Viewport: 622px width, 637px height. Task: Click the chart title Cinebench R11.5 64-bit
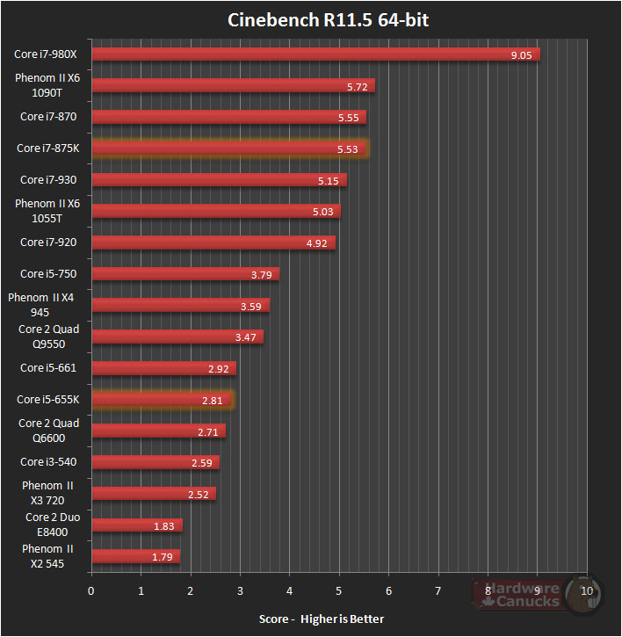[329, 20]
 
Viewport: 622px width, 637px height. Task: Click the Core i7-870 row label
[47, 117]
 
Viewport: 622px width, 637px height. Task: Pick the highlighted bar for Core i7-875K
[230, 148]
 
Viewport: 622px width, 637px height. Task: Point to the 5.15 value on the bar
[329, 180]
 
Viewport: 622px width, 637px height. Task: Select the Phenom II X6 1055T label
[47, 211]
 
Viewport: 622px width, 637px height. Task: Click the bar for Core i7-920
[213, 242]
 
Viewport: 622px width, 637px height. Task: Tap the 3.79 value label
[261, 274]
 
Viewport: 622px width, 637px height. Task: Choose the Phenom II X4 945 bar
[180, 306]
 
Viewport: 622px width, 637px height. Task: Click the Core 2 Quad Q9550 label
[49, 337]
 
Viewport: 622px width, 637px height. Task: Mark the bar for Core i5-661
[163, 368]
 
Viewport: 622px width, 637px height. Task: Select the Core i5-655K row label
[47, 400]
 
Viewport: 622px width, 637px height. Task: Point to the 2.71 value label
[208, 431]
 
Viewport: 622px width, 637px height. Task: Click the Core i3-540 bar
[155, 462]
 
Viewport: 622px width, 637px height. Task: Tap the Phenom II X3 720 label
[48, 494]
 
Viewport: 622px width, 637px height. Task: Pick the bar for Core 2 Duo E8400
[136, 525]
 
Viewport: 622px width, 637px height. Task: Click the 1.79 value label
[163, 557]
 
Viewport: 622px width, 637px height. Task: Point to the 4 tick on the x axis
[289, 590]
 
